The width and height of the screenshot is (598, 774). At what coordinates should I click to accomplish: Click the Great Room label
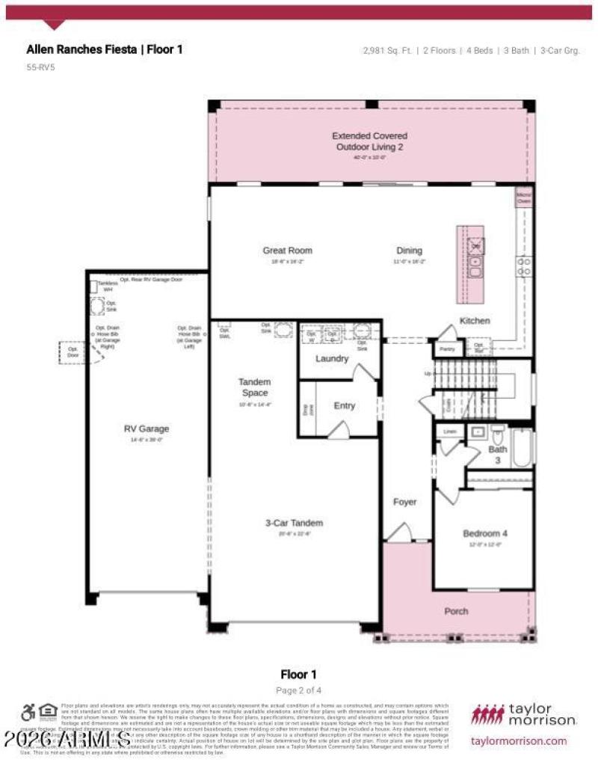point(287,251)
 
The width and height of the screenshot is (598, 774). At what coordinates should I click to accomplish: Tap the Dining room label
point(409,251)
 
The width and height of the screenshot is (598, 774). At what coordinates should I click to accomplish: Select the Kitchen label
point(475,321)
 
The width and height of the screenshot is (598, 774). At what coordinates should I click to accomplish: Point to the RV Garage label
point(147,429)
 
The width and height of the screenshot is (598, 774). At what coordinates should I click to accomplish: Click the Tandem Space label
point(254,387)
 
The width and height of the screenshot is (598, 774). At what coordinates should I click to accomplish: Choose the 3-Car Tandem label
point(294,523)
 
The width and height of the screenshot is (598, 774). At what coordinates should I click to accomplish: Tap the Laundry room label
point(332,359)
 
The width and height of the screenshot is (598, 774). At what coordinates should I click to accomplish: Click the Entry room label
point(345,406)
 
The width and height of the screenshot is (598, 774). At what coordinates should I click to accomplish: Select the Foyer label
point(405,502)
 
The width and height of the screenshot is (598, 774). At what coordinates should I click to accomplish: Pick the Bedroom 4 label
point(484,533)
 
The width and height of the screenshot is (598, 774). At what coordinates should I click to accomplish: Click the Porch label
point(456,611)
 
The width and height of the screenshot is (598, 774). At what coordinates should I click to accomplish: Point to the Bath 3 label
point(497,455)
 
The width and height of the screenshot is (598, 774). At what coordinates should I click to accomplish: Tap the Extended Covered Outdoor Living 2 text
point(369,141)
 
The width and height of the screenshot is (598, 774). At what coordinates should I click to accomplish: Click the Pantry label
point(448,349)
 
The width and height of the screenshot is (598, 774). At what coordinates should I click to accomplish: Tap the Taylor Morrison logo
point(523,714)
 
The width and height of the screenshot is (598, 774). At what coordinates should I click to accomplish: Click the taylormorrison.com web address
point(519,740)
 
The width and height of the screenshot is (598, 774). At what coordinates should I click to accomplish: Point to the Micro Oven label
point(524,198)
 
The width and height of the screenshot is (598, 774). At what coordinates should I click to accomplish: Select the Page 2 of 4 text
point(299,690)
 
